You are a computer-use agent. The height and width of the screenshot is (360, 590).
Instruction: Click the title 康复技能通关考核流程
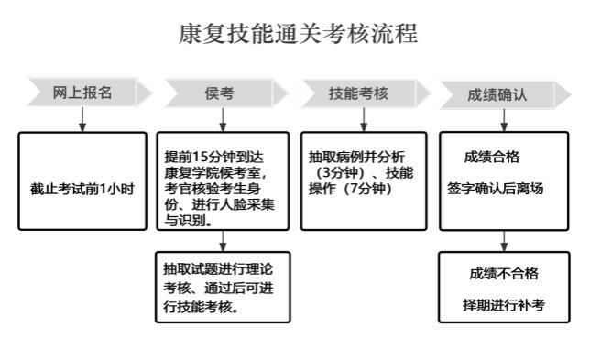[298, 34]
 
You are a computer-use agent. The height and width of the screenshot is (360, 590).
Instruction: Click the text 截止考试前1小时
[82, 189]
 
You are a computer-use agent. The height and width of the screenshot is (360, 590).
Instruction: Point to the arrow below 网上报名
[82, 120]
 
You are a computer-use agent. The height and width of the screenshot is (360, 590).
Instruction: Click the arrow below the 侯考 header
[223, 120]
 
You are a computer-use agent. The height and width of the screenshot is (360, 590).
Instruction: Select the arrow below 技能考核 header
[364, 120]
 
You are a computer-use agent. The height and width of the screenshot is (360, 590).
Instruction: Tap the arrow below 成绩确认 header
[504, 120]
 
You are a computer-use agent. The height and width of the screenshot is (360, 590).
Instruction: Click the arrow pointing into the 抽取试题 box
[223, 241]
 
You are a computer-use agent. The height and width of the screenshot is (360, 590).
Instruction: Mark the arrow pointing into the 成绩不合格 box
[504, 241]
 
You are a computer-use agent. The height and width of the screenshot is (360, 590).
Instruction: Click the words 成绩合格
[492, 157]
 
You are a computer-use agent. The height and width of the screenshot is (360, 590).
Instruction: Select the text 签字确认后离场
[495, 189]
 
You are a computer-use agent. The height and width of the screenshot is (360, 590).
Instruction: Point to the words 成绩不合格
[504, 274]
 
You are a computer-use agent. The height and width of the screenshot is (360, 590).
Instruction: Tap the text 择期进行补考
[504, 305]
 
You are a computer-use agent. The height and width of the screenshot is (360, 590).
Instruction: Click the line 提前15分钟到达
[213, 157]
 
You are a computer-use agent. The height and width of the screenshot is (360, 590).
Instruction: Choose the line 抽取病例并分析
[356, 157]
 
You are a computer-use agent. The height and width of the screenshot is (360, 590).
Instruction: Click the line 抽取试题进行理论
[218, 269]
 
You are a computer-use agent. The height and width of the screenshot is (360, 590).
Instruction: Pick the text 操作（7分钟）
[351, 189]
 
